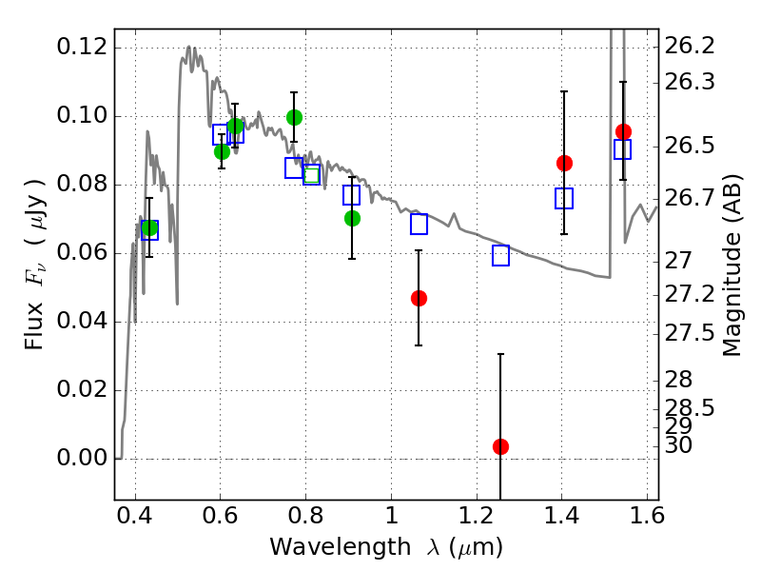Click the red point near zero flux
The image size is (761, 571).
[501, 446]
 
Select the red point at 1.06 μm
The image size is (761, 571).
[419, 298]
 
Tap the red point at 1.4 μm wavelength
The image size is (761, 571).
[564, 163]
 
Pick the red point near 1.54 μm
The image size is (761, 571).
[623, 131]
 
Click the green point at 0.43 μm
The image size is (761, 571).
[149, 227]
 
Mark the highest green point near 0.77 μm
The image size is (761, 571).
[294, 117]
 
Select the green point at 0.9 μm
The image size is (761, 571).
[352, 219]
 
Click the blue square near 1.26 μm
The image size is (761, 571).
[501, 255]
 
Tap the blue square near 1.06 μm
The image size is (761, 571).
[419, 224]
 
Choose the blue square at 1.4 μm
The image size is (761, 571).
[564, 198]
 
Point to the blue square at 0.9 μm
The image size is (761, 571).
[351, 195]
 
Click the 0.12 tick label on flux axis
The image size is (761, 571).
[81, 47]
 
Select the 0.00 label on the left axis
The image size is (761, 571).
[81, 458]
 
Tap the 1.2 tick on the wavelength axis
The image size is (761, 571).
[477, 515]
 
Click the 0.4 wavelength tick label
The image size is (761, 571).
[135, 515]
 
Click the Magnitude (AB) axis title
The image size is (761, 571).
[732, 266]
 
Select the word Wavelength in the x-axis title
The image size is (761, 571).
[341, 547]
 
